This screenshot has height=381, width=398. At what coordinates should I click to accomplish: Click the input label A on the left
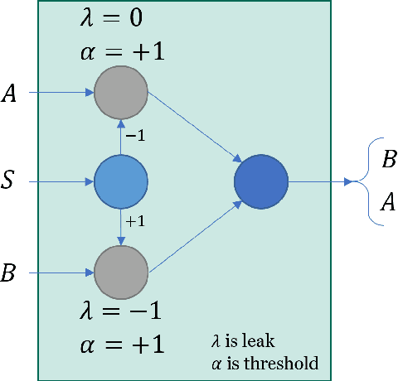pos(11,93)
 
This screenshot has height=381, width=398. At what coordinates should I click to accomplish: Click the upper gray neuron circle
pos(120,92)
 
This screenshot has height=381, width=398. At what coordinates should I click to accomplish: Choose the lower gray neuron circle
pos(120,272)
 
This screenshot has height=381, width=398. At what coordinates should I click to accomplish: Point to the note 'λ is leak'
pos(249,340)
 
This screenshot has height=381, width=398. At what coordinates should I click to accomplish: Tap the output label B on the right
pos(388,160)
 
